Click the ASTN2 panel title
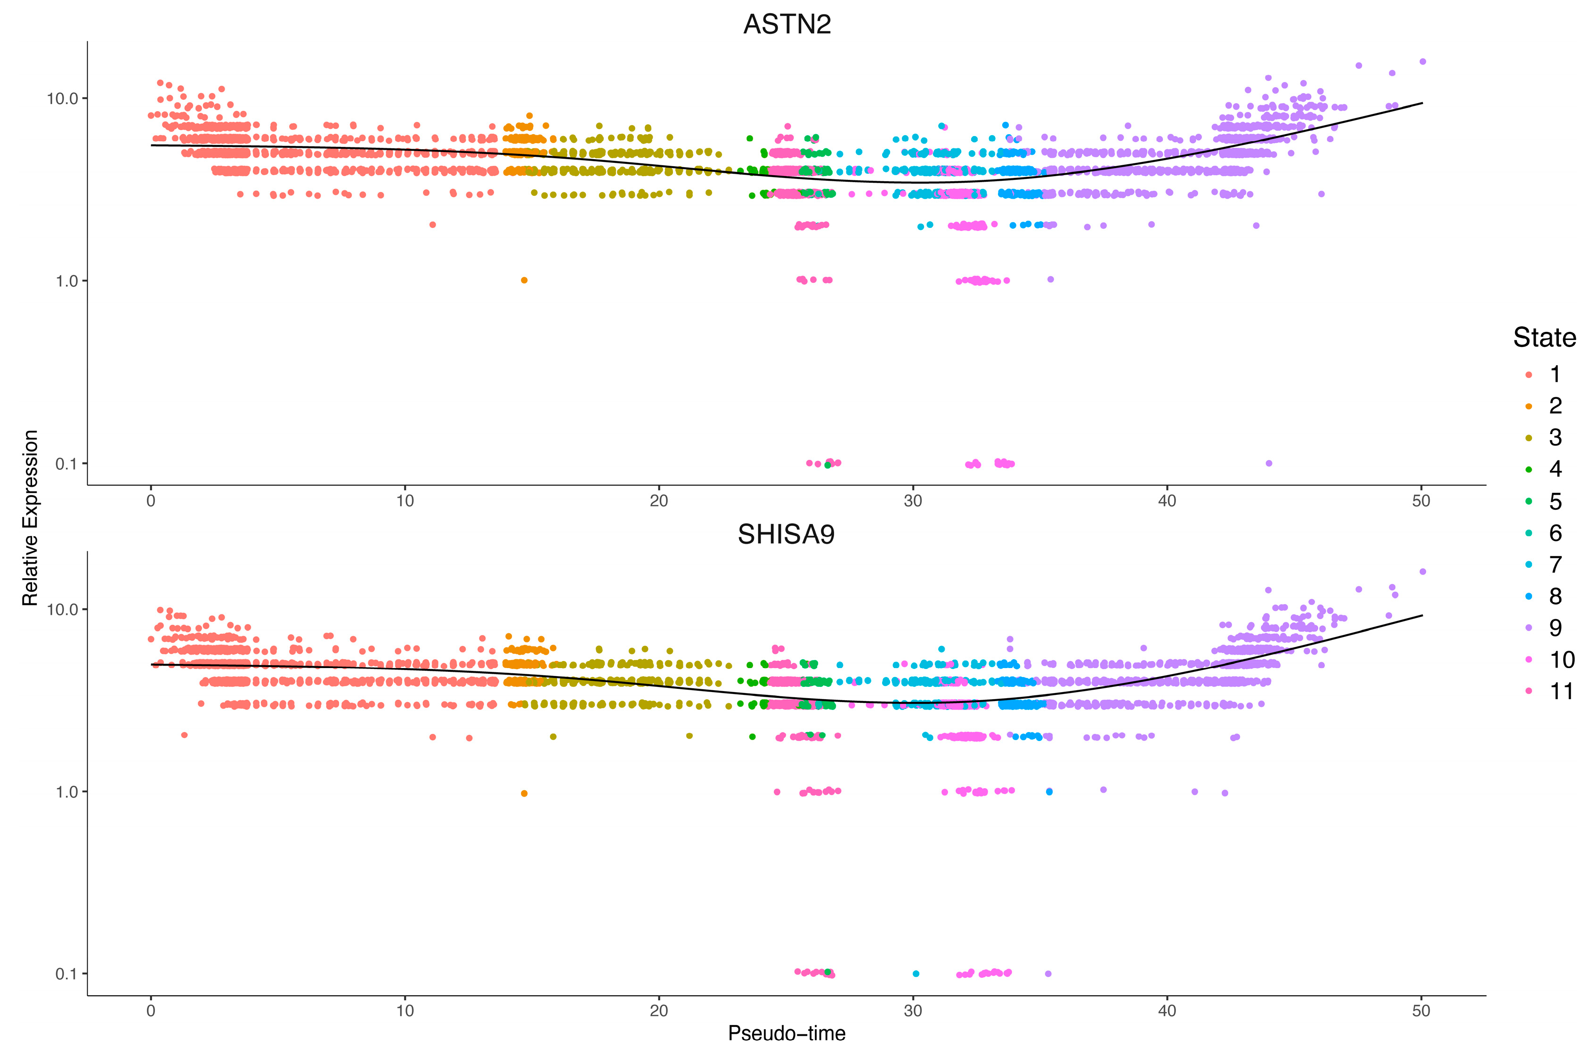click(787, 24)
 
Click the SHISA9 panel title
click(786, 535)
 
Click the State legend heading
click(1544, 338)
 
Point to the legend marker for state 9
click(1528, 628)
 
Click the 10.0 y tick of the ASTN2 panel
click(62, 98)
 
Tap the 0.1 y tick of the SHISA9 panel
click(66, 974)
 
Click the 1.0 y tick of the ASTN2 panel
click(66, 281)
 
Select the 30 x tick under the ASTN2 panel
click(913, 501)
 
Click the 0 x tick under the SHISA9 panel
click(151, 1011)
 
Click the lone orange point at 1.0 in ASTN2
click(524, 280)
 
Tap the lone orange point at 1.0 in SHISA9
click(524, 793)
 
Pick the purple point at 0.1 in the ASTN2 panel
click(1269, 463)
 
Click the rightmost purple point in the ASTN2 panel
click(1423, 61)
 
